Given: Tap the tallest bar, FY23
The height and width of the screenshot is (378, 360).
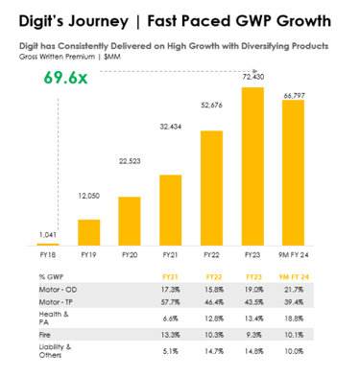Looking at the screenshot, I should [252, 168].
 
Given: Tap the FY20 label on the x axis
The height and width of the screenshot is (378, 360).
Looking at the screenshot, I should [129, 256].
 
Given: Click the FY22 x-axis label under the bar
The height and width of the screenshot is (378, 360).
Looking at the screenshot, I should [210, 256].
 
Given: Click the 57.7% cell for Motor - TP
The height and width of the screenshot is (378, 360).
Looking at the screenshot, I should [170, 301].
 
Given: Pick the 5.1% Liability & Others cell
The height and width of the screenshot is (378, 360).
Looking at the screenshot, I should [170, 350].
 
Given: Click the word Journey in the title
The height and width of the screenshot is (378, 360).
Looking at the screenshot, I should [104, 18].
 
